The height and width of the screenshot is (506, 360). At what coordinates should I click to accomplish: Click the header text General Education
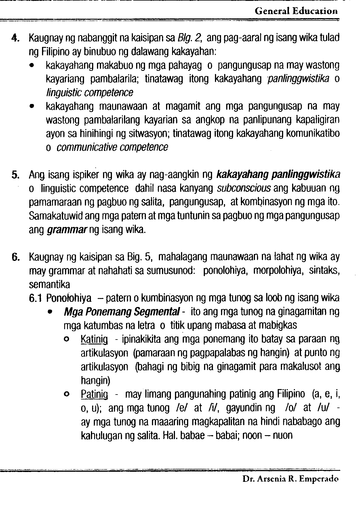pos(296,11)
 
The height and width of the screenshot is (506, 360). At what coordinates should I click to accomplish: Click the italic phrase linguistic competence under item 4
pos(90,93)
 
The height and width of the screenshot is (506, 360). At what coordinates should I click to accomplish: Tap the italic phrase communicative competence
pos(112,147)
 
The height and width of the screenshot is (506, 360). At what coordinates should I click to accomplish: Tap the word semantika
pos(49,285)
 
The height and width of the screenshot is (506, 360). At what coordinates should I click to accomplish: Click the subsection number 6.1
pos(36,298)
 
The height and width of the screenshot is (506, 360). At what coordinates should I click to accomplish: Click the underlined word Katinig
pos(94,340)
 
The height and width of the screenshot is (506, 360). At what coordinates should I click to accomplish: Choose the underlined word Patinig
pos(94,394)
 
